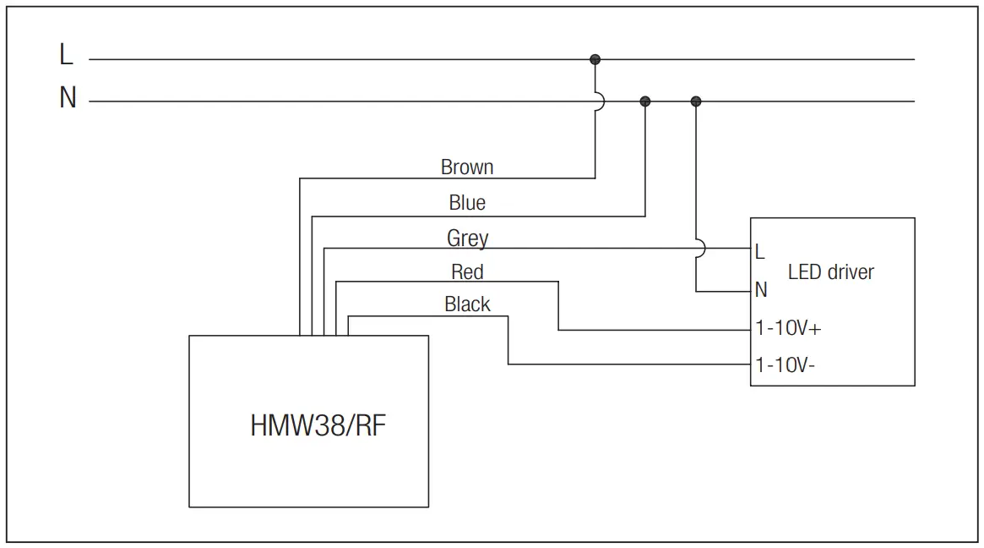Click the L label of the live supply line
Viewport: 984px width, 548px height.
pyautogui.click(x=67, y=56)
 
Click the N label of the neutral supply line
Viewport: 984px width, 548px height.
pyautogui.click(x=68, y=98)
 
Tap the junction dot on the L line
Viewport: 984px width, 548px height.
pyautogui.click(x=595, y=59)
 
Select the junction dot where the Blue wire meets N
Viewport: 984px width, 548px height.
pyautogui.click(x=645, y=101)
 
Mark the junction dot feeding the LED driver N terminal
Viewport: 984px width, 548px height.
pyautogui.click(x=696, y=101)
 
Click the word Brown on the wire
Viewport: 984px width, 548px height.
pyautogui.click(x=467, y=167)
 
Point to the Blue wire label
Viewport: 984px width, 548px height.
pyautogui.click(x=467, y=203)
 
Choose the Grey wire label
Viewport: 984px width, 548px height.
pyautogui.click(x=467, y=239)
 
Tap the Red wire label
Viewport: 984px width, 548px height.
pyautogui.click(x=467, y=272)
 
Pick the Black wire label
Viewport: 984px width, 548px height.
pyautogui.click(x=467, y=304)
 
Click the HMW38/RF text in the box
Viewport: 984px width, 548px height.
pyautogui.click(x=318, y=425)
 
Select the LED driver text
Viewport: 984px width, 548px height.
pyautogui.click(x=830, y=272)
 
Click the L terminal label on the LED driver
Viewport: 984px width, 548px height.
pyautogui.click(x=760, y=252)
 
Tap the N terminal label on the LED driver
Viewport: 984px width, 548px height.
pyautogui.click(x=761, y=290)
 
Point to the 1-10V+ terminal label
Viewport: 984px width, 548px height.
pyautogui.click(x=787, y=329)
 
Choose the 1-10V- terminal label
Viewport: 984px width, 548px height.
pyautogui.click(x=785, y=365)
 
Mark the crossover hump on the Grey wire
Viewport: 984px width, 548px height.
pyautogui.click(x=700, y=248)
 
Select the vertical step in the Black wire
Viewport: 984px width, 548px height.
pyautogui.click(x=508, y=340)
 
